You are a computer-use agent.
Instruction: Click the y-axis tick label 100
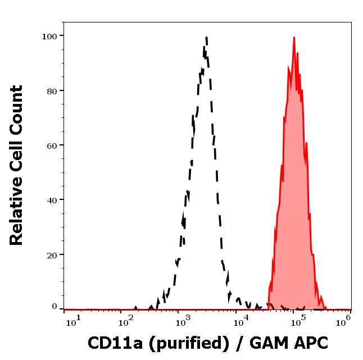(x=49, y=37)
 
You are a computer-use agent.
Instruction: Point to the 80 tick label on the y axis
(x=52, y=91)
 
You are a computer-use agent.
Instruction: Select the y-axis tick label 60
(x=52, y=145)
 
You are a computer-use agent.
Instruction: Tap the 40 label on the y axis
(x=52, y=200)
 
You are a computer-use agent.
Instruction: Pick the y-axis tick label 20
(x=52, y=255)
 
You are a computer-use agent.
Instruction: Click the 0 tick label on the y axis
(x=55, y=307)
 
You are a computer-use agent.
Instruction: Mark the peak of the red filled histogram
(x=294, y=38)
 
